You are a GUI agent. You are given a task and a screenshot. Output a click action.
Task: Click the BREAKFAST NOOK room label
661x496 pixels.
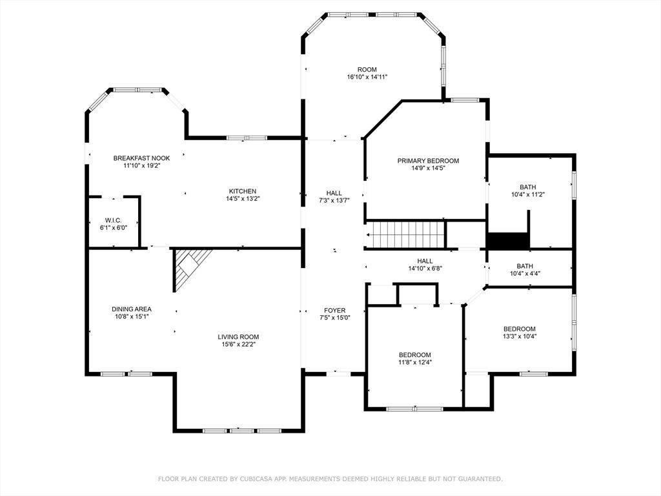click(141, 158)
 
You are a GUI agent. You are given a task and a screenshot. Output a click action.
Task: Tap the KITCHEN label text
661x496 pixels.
click(243, 191)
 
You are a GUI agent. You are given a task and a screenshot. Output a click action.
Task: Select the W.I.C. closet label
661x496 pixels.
click(114, 220)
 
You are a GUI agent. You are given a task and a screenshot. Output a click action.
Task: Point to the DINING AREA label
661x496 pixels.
click(132, 309)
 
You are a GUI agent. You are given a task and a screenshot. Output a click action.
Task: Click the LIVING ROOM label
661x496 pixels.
click(238, 336)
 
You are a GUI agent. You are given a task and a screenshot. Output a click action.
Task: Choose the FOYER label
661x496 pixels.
click(335, 311)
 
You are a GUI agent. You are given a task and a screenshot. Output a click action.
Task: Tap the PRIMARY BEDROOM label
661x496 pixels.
click(429, 161)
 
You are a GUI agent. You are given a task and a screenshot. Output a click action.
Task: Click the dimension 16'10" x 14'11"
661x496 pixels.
click(367, 77)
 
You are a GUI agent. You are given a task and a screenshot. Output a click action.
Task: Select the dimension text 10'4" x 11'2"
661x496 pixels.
click(528, 194)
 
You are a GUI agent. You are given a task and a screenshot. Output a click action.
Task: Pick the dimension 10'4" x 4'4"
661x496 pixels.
click(525, 273)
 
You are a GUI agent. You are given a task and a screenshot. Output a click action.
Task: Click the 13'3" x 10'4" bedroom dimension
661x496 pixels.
click(520, 336)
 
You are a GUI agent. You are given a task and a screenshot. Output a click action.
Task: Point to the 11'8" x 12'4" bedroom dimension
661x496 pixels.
click(415, 362)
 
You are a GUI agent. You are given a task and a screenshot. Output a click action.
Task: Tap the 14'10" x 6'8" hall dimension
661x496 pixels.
click(425, 268)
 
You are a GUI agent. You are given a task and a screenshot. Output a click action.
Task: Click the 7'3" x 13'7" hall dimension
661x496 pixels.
click(334, 201)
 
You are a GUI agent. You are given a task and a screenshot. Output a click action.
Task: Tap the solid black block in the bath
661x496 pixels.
click(508, 240)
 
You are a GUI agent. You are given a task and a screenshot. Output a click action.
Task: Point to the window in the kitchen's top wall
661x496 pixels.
click(247, 138)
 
